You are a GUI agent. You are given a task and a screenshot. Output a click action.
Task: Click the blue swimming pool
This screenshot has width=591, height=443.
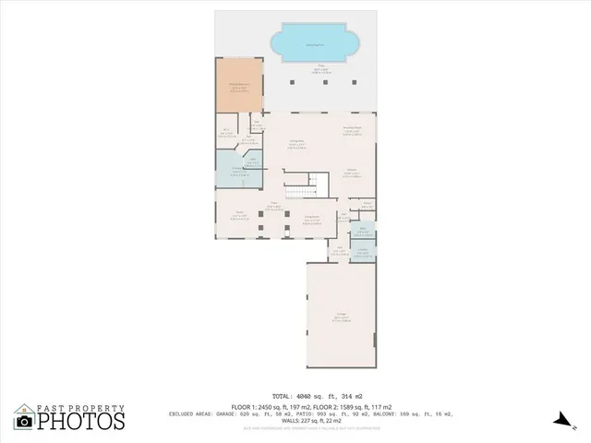(315, 45)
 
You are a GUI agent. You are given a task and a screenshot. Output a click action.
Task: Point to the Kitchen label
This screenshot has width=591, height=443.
(352, 173)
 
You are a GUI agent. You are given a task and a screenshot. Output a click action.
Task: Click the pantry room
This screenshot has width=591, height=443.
(367, 204)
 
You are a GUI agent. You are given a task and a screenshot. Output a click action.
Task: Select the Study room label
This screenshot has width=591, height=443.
(240, 216)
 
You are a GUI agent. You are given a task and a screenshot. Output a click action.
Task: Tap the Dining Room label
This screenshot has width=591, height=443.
(312, 219)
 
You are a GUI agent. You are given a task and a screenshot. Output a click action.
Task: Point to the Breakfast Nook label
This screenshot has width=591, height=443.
(352, 131)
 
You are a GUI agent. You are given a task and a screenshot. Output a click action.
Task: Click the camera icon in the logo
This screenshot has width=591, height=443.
(24, 422)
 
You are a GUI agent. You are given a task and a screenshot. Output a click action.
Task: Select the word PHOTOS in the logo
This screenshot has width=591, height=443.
(80, 422)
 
